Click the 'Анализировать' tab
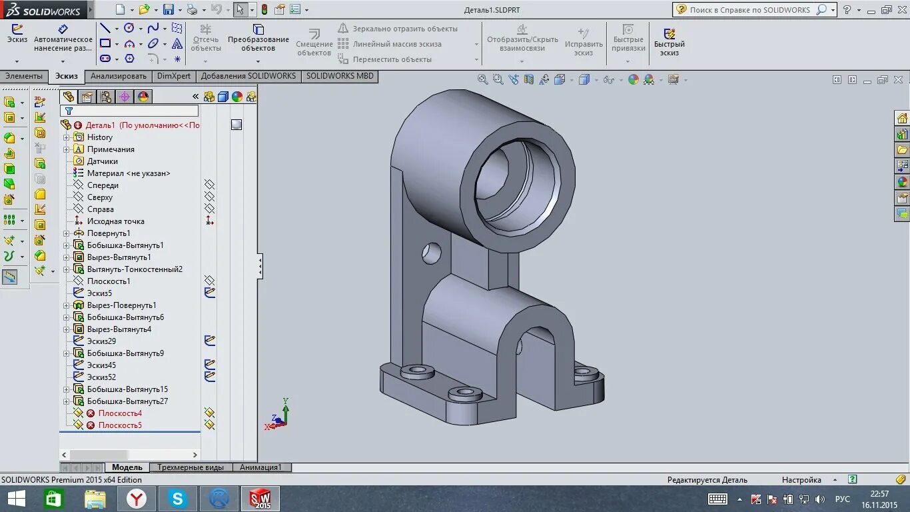(118, 76)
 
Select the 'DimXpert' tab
(173, 76)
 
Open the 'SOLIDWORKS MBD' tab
(340, 76)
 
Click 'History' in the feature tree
(100, 137)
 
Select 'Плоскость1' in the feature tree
(109, 281)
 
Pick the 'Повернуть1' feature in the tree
(109, 233)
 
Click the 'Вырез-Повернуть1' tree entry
(121, 305)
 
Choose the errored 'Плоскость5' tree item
(120, 425)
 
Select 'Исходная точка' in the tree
(115, 221)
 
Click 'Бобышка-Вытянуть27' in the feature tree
(127, 401)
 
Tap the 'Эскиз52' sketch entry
(101, 377)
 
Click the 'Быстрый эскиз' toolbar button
(669, 42)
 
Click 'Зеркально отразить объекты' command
(404, 29)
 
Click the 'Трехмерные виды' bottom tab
(191, 467)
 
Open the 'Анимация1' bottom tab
(260, 467)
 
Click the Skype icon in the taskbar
(178, 499)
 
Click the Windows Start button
(16, 499)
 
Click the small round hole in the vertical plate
(432, 252)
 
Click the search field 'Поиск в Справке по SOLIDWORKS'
(749, 10)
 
